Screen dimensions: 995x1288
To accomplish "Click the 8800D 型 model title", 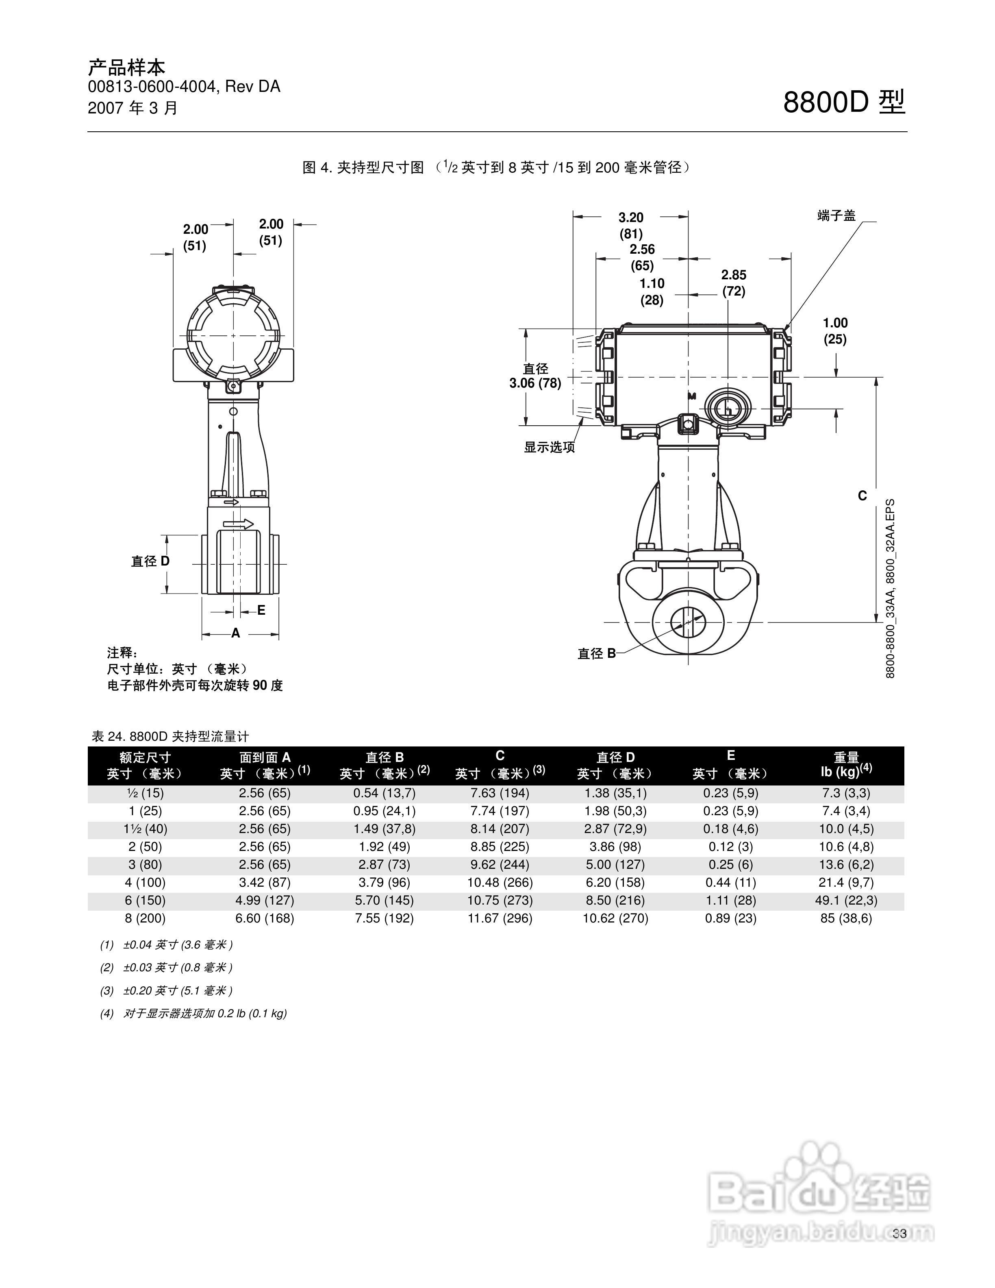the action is tap(844, 102).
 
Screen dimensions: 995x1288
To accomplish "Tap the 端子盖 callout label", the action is tap(836, 216).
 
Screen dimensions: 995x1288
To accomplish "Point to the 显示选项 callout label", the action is tap(550, 447).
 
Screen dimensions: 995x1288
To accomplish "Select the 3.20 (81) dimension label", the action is tap(631, 225).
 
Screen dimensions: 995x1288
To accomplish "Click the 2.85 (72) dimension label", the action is tap(734, 283).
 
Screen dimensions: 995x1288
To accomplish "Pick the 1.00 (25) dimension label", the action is tap(835, 331).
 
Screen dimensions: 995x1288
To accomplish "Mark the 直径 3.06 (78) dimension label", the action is tap(535, 376).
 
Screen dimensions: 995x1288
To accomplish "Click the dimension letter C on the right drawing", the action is tap(862, 496).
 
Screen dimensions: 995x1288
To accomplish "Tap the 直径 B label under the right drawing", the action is tap(597, 653).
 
